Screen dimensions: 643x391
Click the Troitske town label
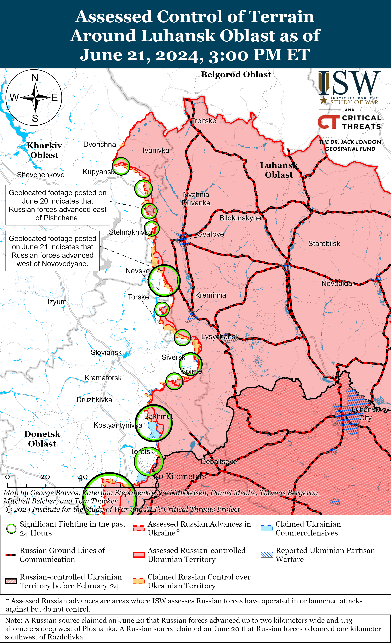(204, 121)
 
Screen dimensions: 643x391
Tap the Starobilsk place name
(324, 244)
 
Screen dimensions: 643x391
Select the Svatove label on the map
(211, 234)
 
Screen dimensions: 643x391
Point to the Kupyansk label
(98, 172)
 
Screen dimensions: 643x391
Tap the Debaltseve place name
(219, 461)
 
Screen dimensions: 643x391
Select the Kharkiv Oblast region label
(44, 150)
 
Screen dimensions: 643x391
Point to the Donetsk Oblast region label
(42, 439)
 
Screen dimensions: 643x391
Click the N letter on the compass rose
(35, 77)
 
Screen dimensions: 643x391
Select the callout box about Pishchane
(58, 205)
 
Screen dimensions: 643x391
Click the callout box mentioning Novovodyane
(52, 251)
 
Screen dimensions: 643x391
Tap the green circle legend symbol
(11, 529)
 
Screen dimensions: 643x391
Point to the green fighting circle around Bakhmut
(153, 423)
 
